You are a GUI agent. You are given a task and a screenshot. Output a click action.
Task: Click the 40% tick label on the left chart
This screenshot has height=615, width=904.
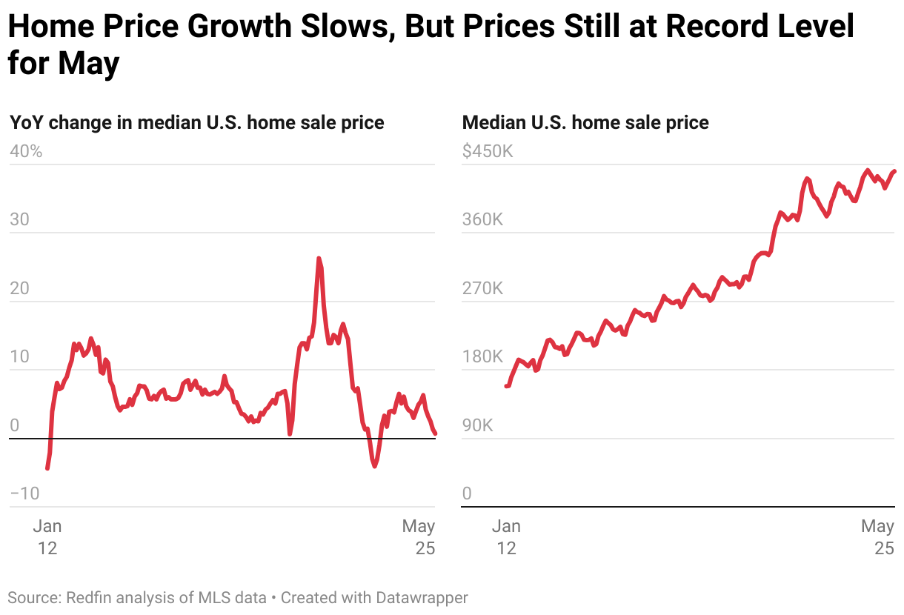click(x=26, y=151)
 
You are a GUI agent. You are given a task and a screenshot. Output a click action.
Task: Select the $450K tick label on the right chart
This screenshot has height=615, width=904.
click(x=487, y=151)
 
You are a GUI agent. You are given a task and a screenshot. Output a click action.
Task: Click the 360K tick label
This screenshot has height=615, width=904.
click(x=482, y=220)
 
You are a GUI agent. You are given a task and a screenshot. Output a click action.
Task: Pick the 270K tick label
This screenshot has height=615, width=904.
click(x=482, y=288)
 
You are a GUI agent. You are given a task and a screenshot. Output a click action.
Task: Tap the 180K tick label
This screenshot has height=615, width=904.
click(x=482, y=356)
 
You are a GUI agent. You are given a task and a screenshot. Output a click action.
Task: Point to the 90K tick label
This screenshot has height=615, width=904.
click(x=478, y=425)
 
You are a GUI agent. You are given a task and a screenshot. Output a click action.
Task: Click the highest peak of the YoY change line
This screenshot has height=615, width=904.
click(x=319, y=259)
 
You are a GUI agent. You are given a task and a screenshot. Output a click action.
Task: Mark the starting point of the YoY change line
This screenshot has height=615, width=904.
click(x=47, y=468)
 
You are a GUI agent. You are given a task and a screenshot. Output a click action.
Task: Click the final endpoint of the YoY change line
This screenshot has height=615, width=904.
click(x=435, y=433)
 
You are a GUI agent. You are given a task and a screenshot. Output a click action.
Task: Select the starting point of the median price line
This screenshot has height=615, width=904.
click(x=507, y=385)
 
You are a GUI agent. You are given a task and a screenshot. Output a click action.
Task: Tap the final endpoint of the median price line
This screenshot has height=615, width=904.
click(x=894, y=171)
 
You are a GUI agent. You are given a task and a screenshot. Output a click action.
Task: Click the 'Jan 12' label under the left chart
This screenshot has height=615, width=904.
click(x=47, y=537)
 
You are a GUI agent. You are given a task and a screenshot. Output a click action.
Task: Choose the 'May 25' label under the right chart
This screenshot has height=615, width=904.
click(x=878, y=537)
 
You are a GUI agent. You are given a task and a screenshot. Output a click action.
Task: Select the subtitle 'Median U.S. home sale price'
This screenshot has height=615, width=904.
click(x=585, y=122)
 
